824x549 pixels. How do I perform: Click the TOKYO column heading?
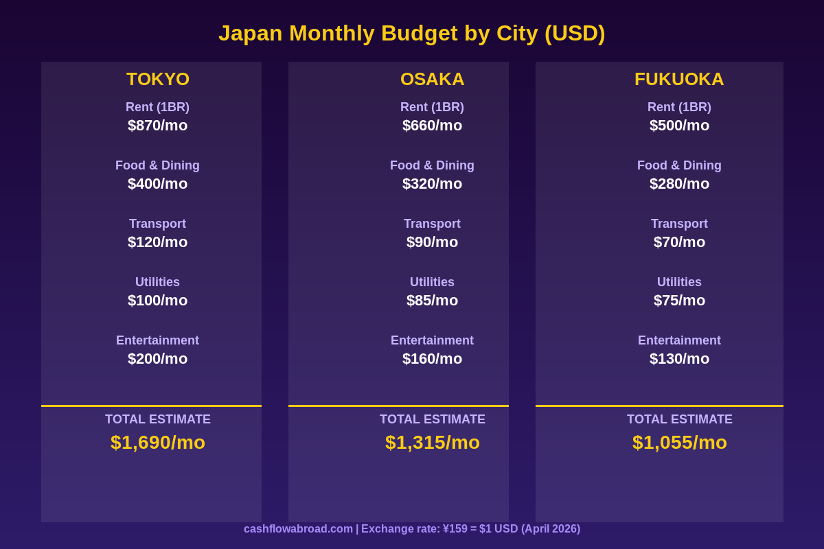tap(158, 79)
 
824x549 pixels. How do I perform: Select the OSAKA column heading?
tap(433, 79)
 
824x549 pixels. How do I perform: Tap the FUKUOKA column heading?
tap(679, 79)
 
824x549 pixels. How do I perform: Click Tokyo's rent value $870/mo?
tap(157, 126)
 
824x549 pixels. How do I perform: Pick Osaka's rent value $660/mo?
tap(432, 126)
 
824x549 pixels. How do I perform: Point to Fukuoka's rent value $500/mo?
tap(679, 126)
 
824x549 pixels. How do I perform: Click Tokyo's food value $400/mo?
tap(157, 184)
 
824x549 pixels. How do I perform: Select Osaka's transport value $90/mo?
tap(432, 242)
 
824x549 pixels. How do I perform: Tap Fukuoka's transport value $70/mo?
tap(679, 242)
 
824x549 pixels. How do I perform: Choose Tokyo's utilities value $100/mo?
tap(157, 301)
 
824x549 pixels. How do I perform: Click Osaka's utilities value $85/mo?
tap(432, 301)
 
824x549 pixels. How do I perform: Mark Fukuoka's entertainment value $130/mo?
tap(679, 359)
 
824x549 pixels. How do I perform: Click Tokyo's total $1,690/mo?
tap(158, 443)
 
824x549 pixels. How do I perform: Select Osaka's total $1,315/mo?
tap(433, 443)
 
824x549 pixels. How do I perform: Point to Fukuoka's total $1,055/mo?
tap(680, 443)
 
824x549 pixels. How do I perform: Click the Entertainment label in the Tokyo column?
tap(157, 340)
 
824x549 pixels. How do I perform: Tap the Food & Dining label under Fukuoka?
tap(679, 165)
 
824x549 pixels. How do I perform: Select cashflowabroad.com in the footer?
tap(298, 529)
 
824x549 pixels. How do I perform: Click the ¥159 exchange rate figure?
tap(455, 529)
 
